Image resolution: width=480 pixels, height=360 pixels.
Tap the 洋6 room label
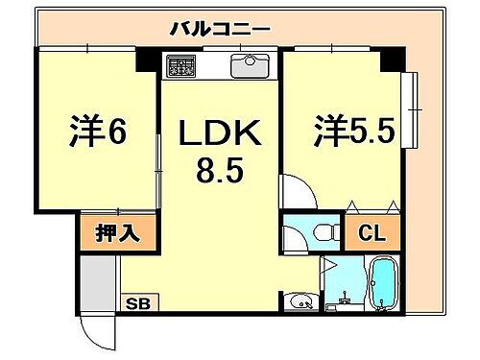click(98, 132)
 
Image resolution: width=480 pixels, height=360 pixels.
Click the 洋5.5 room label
click(353, 132)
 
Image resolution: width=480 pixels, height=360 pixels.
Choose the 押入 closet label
click(116, 232)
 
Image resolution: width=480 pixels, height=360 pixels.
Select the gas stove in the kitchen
click(181, 67)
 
